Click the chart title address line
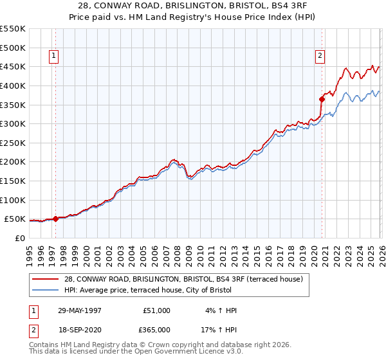tap(192, 6)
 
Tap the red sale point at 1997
tap(56, 219)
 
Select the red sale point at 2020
tap(322, 99)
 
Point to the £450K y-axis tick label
tap(13, 66)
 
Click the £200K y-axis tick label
tap(13, 162)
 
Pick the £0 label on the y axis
tap(19, 238)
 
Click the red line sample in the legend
tap(46, 278)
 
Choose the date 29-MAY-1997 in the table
tap(79, 310)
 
